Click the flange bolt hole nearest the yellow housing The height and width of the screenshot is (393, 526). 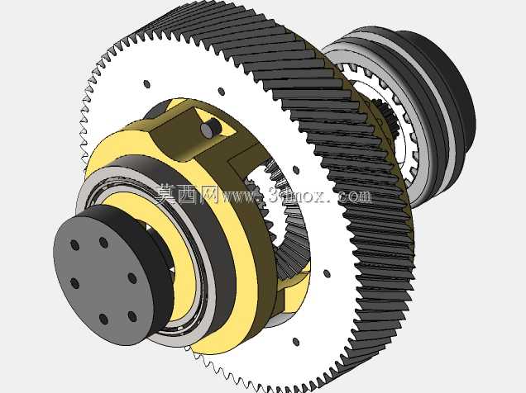click(x=132, y=278)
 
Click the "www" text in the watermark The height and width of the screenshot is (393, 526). click(x=240, y=196)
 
